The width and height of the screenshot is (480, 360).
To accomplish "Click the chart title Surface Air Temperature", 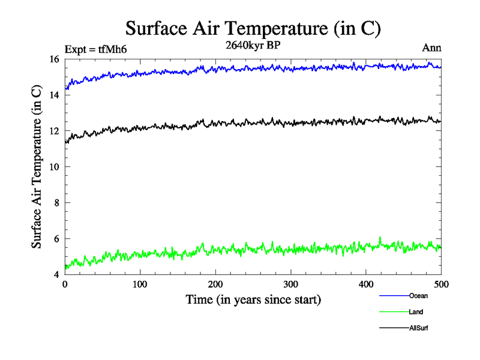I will click(253, 28).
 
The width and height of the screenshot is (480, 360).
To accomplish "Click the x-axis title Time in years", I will click(253, 299).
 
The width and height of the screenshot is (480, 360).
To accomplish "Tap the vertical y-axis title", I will click(37, 167).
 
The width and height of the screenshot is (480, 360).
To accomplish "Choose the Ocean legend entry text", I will click(418, 296).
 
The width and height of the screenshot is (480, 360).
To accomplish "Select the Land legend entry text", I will click(416, 312).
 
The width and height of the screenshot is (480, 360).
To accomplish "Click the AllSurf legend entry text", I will click(418, 328).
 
